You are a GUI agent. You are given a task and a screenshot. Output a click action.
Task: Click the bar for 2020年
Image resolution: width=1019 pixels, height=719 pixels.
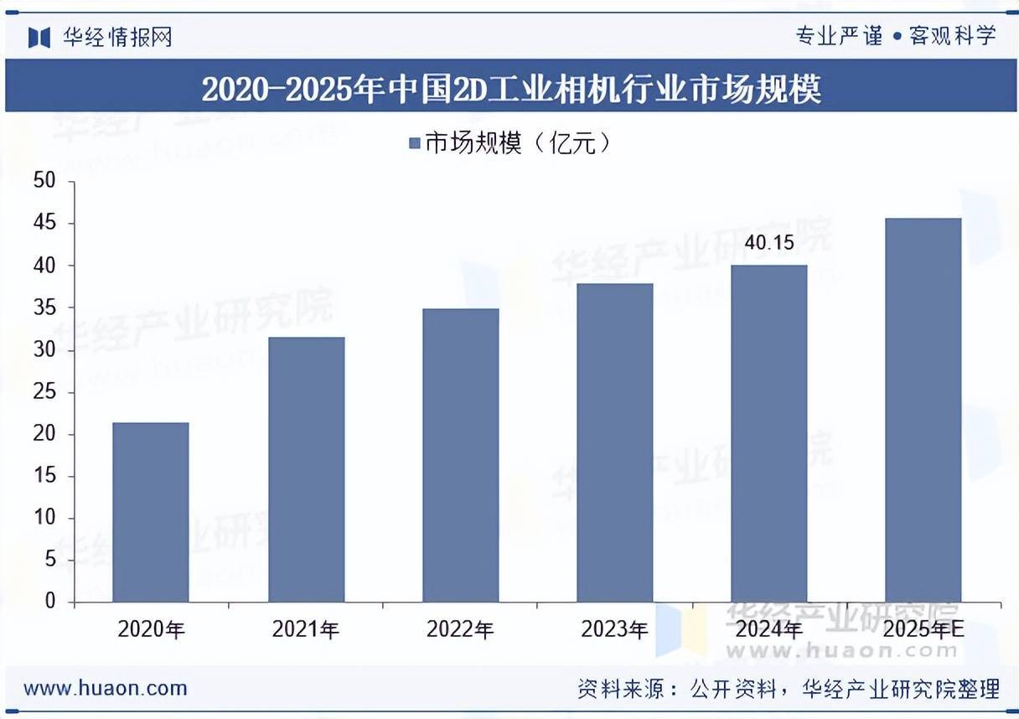click(151, 512)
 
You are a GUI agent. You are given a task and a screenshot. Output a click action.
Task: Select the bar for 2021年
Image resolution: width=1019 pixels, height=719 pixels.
click(306, 469)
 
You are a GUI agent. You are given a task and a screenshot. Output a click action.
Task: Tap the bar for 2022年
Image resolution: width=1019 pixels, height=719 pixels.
click(460, 455)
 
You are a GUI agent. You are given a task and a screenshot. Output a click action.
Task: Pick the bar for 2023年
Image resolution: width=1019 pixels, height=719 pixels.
click(614, 442)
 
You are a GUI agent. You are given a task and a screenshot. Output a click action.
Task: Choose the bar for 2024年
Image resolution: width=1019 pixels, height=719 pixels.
click(768, 433)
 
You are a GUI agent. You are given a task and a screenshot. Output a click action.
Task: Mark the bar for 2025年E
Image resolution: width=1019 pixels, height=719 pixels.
click(923, 410)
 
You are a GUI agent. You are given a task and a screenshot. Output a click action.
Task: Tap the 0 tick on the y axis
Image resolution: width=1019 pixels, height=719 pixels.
click(49, 602)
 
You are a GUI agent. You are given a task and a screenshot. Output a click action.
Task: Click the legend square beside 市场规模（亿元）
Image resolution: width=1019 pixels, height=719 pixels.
click(414, 144)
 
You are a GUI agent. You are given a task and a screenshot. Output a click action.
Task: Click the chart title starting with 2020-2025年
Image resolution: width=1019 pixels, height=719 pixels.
click(510, 89)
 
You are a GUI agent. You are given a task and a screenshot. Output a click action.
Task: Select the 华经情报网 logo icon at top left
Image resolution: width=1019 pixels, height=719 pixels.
click(39, 37)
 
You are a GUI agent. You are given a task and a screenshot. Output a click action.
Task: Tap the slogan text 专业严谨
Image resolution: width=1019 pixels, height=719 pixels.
click(838, 36)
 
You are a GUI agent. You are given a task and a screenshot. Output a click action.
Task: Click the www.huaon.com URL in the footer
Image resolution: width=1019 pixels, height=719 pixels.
click(106, 689)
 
